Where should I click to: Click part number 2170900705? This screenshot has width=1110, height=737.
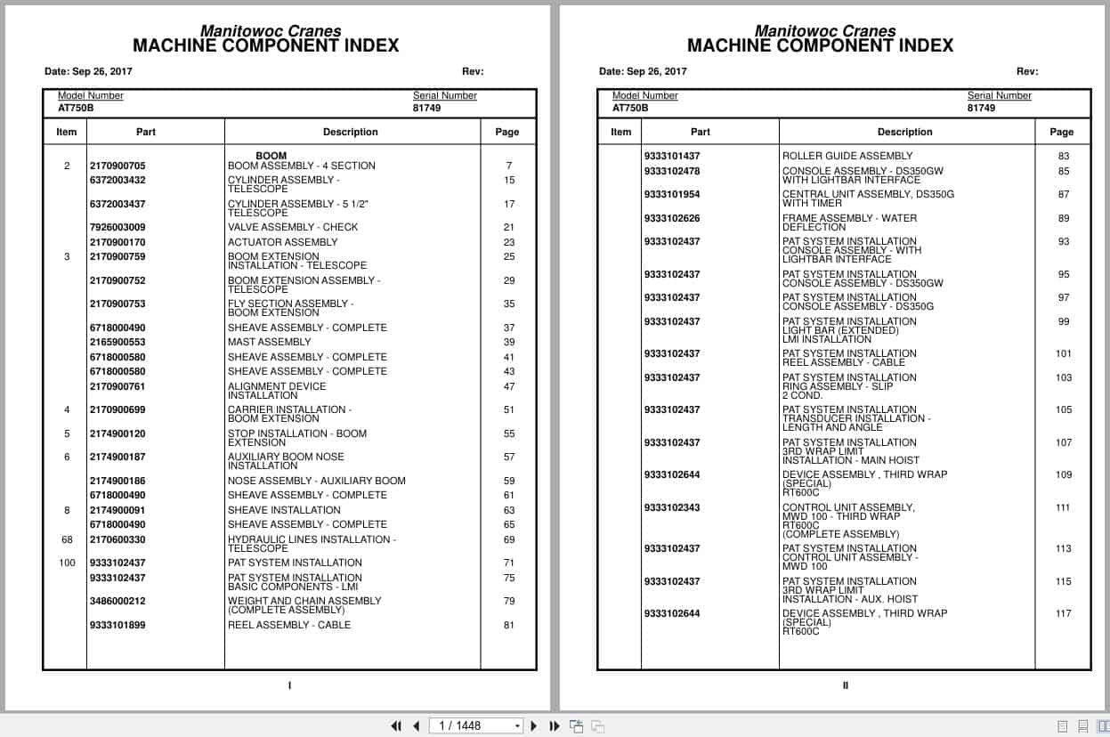coord(117,166)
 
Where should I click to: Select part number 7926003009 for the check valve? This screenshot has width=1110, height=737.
coord(117,227)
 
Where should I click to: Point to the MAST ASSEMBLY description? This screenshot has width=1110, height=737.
coord(270,342)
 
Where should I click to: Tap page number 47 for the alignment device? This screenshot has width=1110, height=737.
coord(509,387)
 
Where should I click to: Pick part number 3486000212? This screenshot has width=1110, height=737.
coord(117,601)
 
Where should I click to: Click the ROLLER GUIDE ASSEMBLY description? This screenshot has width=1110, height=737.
coord(847,156)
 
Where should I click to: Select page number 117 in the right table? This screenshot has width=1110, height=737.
coord(1064,613)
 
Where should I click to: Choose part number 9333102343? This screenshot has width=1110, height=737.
coord(672,508)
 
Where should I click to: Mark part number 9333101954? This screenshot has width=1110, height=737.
coord(672,194)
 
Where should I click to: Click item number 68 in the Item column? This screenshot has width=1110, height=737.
coord(67,539)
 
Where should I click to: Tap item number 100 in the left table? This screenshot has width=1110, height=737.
coord(67,563)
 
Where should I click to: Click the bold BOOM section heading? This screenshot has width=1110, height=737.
coord(271,156)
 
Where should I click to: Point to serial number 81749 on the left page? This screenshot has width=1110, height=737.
coord(426,109)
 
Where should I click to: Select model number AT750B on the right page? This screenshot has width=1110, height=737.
coord(630,109)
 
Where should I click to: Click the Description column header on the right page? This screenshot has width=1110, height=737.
coord(905,132)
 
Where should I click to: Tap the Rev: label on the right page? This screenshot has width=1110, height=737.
coord(1027,72)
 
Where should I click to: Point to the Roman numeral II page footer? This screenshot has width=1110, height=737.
coord(846,685)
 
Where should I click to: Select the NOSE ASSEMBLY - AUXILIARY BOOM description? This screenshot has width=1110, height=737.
coord(317,481)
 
